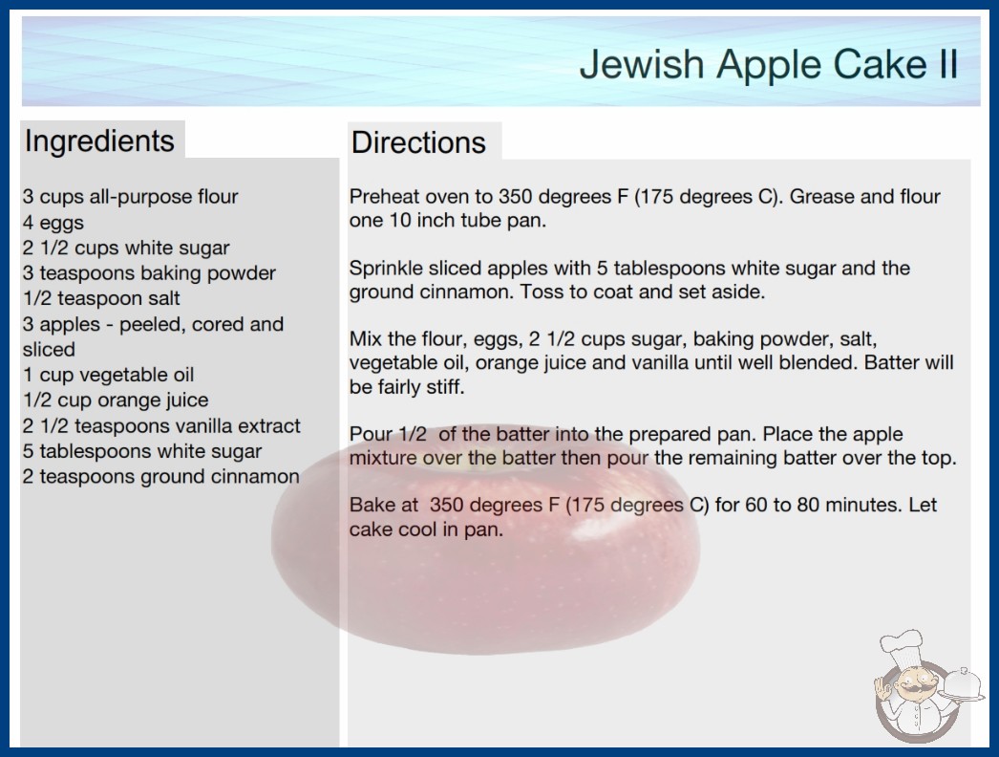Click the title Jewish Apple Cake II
coord(769,64)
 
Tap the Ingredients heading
coord(99,141)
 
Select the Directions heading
coord(418,142)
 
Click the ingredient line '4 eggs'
coord(53,223)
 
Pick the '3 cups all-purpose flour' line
coord(131,197)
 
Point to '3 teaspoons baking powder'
coord(149,273)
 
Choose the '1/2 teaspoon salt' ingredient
coord(101,298)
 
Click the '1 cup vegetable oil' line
coord(108,375)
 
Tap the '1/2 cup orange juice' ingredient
coord(116,400)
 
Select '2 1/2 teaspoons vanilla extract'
coord(161,425)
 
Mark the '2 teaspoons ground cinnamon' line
coord(161,476)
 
